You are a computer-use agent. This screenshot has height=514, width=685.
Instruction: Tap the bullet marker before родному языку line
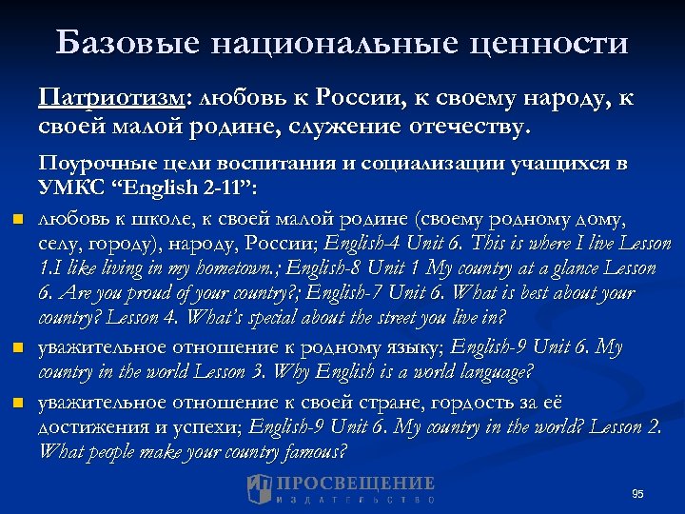[x=15, y=350]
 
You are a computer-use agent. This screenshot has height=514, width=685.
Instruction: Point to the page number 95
[x=637, y=493]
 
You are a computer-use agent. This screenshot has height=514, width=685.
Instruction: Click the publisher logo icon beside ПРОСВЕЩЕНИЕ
[x=259, y=488]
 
